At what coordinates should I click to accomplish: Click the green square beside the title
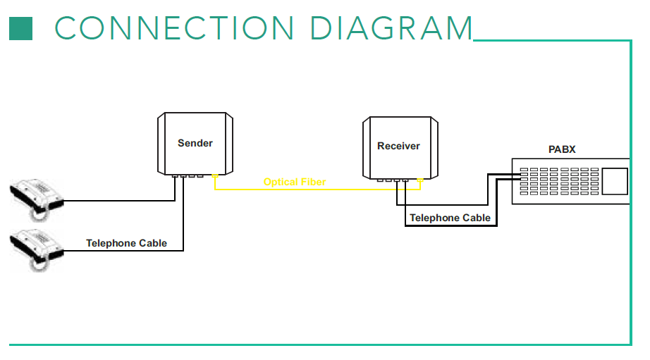pos(20,29)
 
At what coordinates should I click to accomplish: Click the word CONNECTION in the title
pos(174,28)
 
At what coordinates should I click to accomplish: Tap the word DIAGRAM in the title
pos(391,28)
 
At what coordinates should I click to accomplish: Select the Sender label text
pos(195,143)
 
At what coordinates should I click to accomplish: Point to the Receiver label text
pos(398,146)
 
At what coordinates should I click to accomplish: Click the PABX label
pos(562,149)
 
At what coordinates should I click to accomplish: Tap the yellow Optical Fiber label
pos(294,182)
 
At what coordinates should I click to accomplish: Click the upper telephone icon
pos(37,200)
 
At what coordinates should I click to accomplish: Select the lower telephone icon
pos(37,251)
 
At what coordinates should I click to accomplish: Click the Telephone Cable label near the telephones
pos(126,243)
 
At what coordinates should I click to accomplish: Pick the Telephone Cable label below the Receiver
pos(450,218)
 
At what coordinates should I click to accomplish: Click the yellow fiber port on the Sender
pos(215,176)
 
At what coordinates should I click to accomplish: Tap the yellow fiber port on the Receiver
pos(420,180)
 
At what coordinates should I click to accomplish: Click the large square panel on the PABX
pos(614,181)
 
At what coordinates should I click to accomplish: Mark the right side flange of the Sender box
pos(229,143)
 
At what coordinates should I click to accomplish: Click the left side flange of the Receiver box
pos(367,148)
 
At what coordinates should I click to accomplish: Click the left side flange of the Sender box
pos(161,143)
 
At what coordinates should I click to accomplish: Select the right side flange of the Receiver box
pos(434,148)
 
